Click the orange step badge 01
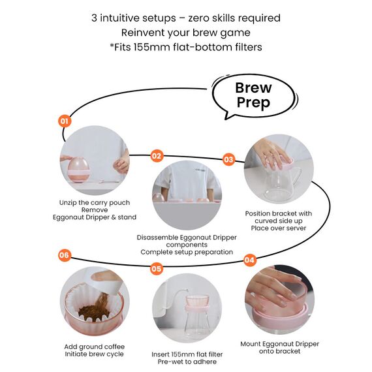point(65,121)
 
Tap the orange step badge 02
point(157,156)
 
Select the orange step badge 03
point(228,159)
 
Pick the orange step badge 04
point(249,260)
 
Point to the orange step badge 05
point(157,269)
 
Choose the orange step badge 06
point(65,255)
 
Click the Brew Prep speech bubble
point(255,96)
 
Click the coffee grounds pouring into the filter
point(97,307)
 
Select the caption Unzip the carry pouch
point(95,202)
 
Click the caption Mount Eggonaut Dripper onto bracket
point(280,348)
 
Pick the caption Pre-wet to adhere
point(187,362)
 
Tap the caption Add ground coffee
point(95,347)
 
